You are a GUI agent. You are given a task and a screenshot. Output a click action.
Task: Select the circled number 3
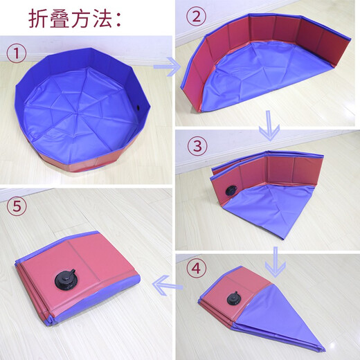[199, 146]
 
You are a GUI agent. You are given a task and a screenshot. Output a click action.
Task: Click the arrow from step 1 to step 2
[167, 67]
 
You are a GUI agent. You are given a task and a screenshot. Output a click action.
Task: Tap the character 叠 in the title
[66, 19]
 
